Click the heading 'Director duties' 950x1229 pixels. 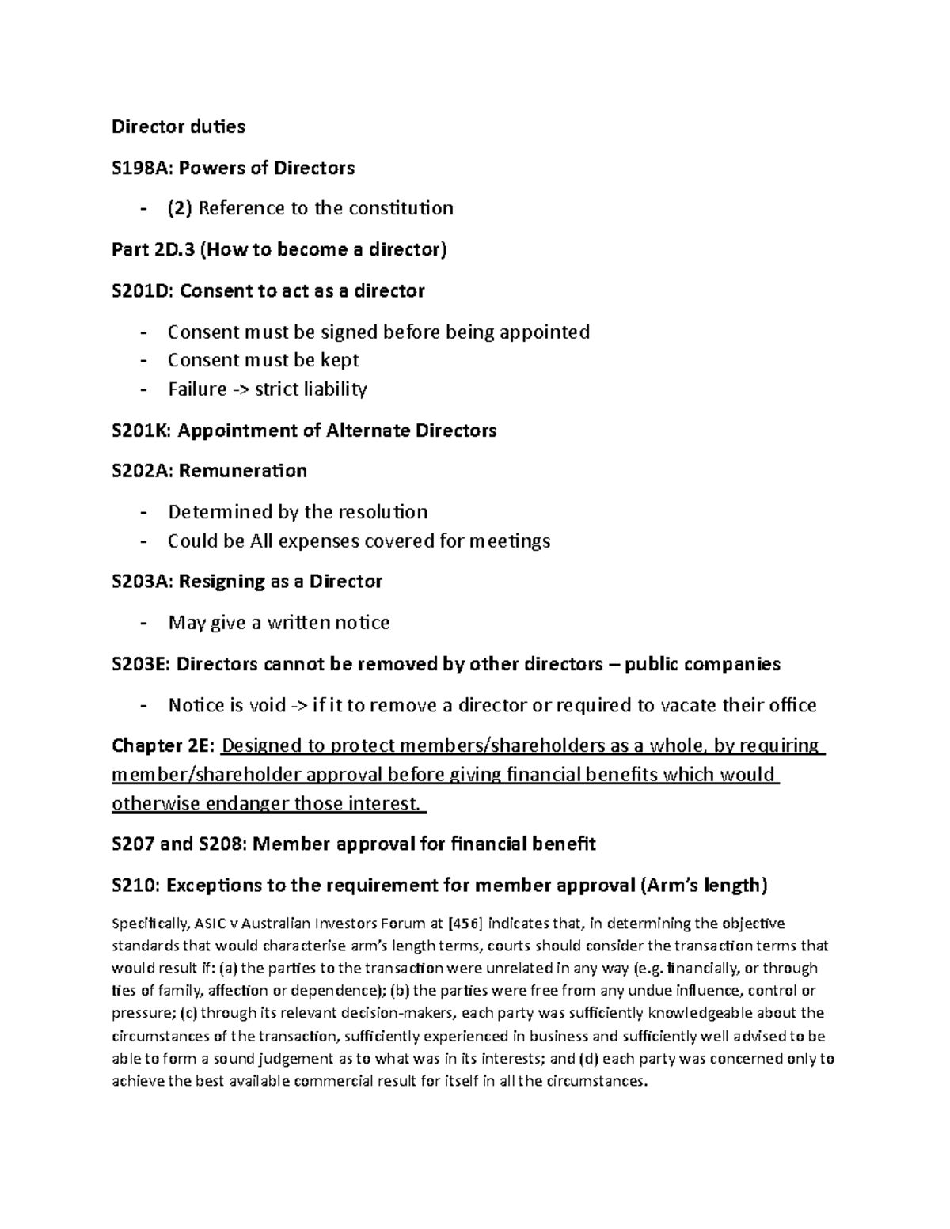(x=178, y=127)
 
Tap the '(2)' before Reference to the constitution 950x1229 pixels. (x=180, y=208)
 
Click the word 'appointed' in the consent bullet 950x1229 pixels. (x=549, y=332)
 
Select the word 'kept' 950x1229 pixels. (x=340, y=360)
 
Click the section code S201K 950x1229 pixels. (x=140, y=431)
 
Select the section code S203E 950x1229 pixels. (x=140, y=663)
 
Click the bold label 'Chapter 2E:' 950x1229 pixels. (x=163, y=745)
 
